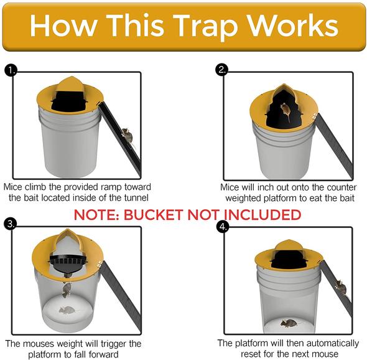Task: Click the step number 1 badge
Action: click(x=11, y=70)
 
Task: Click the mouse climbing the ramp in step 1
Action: click(x=127, y=136)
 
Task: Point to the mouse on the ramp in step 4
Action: click(x=341, y=287)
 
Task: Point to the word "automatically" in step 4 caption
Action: click(x=329, y=343)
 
